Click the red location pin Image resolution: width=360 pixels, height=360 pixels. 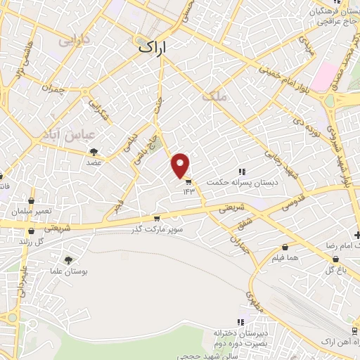click(181, 165)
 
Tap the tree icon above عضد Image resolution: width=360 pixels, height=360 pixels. click(94, 151)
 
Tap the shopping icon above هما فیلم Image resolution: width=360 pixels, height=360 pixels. click(285, 247)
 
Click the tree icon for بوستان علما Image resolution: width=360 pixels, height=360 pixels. click(67, 260)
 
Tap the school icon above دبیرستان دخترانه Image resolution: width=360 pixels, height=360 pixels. click(241, 321)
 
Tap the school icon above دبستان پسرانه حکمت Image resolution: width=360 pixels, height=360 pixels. click(242, 172)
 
